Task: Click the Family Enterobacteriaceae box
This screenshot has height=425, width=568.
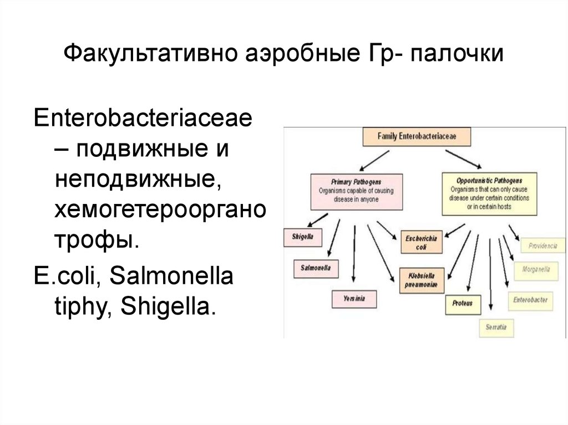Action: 416,135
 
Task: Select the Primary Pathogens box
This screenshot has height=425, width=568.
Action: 357,190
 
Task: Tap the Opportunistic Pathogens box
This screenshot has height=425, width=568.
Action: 489,193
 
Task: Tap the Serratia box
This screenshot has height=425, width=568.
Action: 496,327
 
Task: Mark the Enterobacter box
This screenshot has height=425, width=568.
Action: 530,299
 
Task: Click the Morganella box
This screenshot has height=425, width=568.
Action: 536,270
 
